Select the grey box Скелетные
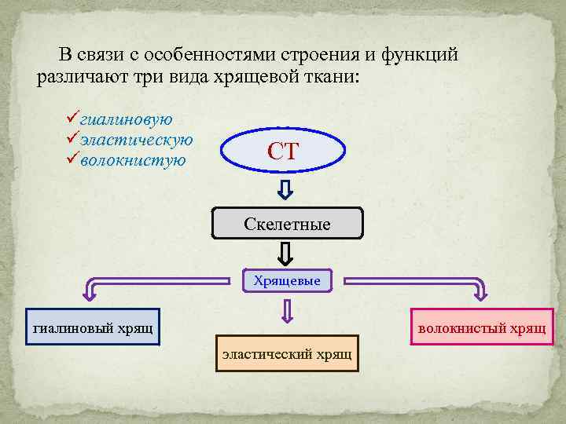(288, 224)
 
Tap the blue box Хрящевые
(287, 280)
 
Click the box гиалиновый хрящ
(93, 327)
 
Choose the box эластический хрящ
(286, 353)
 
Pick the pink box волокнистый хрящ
(482, 327)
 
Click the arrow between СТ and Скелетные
(287, 189)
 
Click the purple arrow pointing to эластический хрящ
(287, 313)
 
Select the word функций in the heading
(420, 55)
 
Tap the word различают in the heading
(73, 78)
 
